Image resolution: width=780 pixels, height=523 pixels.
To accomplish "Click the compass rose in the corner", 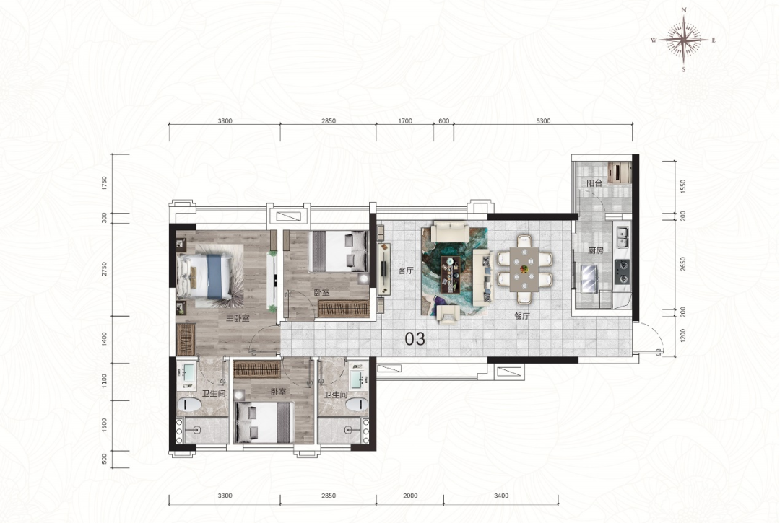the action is tap(684, 40).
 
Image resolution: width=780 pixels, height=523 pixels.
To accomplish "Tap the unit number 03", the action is tap(415, 339).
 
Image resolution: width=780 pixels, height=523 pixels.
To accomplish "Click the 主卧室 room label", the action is tap(238, 318).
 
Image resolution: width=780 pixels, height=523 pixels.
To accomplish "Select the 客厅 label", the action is tap(406, 271).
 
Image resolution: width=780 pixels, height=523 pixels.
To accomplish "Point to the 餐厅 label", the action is tap(522, 316).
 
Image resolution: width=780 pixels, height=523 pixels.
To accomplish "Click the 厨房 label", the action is tap(595, 251).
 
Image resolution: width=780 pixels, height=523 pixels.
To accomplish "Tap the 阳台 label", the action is tap(594, 183).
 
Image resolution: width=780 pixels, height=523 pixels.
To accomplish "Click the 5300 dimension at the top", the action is tap(544, 121).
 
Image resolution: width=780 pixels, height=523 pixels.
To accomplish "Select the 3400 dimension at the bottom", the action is tap(501, 496).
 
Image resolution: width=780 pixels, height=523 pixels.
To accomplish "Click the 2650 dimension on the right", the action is tap(683, 264).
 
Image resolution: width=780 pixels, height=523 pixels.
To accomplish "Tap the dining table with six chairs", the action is tap(524, 268).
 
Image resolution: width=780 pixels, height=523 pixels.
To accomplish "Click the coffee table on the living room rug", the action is tap(451, 274).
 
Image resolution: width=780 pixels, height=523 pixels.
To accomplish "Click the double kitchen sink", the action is tap(622, 237).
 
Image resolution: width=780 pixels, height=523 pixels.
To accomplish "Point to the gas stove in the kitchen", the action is tap(622, 272).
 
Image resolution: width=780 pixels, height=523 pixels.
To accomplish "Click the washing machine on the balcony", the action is tap(620, 172).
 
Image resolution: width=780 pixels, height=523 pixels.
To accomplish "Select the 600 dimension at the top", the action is tap(443, 121).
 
